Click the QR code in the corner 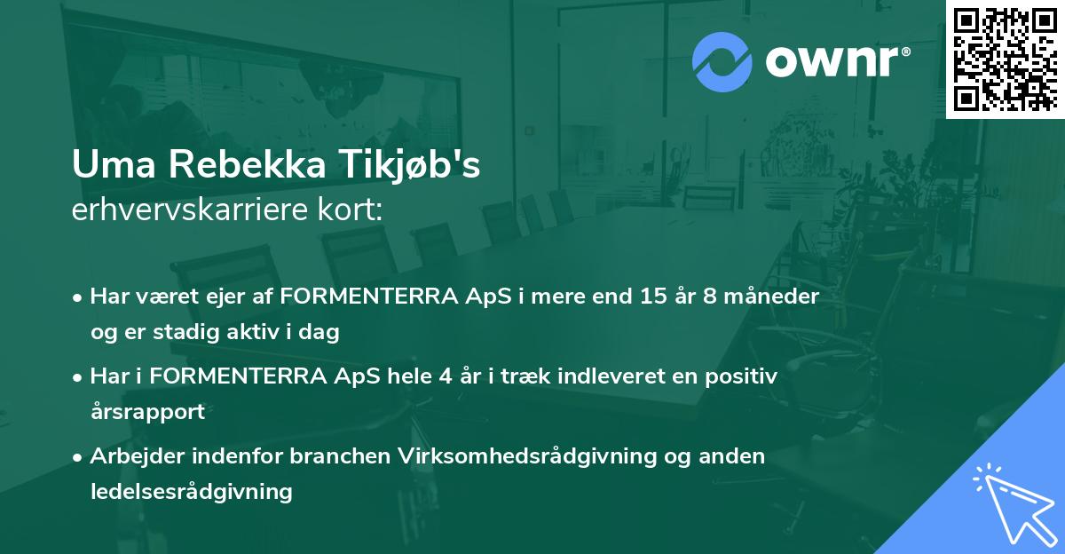1004,59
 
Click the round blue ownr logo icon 722,62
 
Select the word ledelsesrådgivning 191,491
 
